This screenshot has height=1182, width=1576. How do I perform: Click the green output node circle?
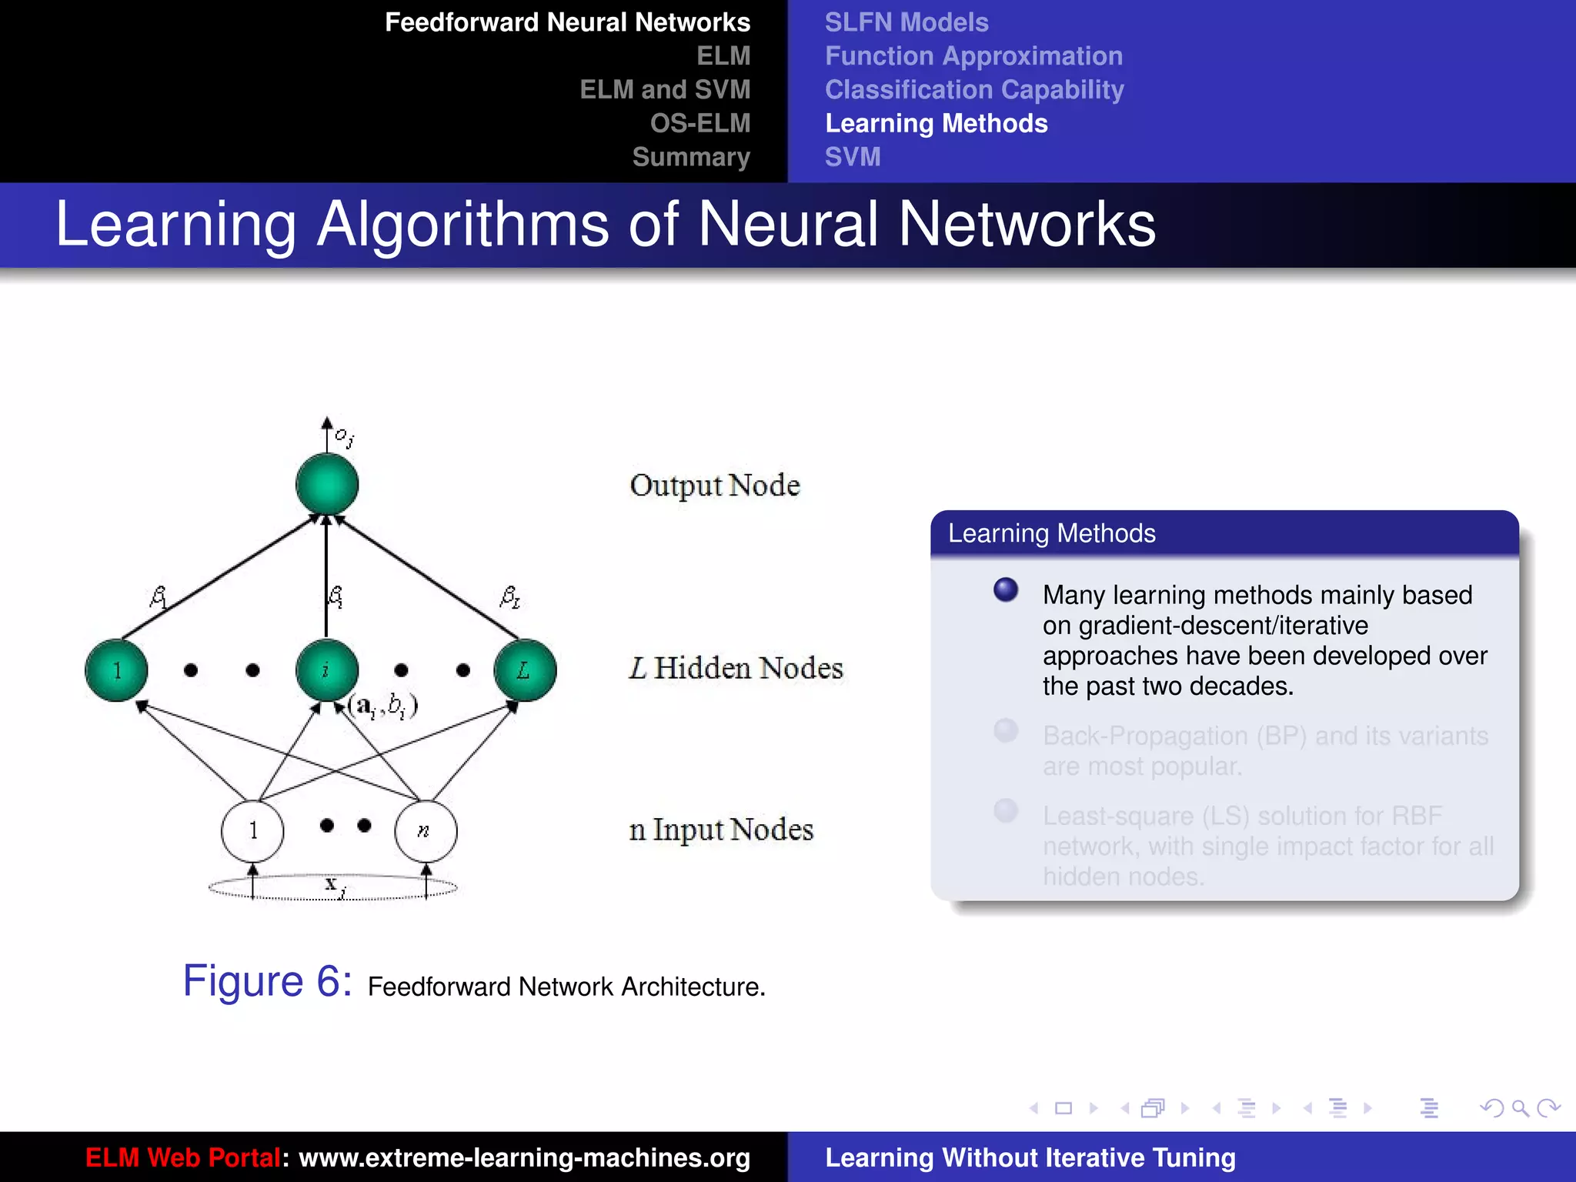327,484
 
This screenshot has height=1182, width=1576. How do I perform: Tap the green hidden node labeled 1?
116,670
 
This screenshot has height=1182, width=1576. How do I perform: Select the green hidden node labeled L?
525,670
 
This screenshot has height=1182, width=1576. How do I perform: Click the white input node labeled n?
426,831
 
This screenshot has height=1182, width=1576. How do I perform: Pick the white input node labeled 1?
252,831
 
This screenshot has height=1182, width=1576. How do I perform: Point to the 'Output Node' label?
715,486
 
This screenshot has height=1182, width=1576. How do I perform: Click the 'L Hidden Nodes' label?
736,668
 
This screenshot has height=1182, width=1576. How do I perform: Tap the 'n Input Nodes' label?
721,830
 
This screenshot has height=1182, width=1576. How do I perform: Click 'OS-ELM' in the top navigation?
700,123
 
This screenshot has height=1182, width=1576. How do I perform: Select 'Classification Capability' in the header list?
974,90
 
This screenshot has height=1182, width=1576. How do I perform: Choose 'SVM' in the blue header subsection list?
853,157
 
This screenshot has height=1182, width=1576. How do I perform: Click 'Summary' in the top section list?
691,157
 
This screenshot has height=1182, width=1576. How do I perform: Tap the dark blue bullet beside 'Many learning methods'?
1006,590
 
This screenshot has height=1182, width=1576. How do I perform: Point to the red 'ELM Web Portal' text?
183,1157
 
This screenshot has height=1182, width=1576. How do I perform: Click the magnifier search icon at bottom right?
1520,1108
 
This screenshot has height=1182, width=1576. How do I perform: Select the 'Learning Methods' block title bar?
1224,533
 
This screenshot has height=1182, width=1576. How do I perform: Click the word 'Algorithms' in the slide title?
462,225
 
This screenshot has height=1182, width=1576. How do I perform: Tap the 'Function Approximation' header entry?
973,56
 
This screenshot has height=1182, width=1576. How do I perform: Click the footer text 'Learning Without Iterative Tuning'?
1030,1157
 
